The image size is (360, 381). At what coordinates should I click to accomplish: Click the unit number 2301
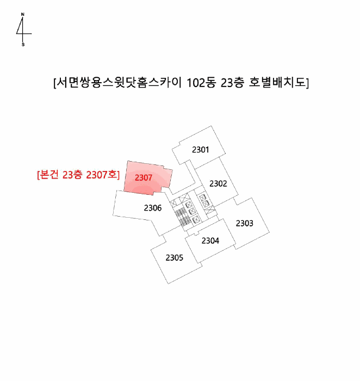point(200,150)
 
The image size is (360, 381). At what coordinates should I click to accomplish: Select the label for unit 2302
point(218,183)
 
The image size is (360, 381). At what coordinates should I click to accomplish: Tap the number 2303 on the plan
point(245,223)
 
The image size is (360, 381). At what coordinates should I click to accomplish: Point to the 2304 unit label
point(210,241)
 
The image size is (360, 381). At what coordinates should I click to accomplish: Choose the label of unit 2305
point(175,257)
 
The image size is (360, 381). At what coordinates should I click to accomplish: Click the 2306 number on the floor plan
point(152,208)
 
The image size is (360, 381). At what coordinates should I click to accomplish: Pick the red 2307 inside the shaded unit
point(143,177)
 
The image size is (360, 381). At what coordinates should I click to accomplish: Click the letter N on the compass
point(23,15)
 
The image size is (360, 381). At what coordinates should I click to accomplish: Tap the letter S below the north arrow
point(23,45)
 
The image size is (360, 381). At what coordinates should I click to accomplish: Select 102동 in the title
point(201,83)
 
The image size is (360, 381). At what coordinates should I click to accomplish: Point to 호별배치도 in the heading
point(277,83)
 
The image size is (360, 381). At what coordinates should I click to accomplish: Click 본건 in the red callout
point(48,175)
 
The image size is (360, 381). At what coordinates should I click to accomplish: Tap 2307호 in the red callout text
point(102,175)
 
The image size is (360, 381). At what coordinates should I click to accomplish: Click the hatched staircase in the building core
point(183,217)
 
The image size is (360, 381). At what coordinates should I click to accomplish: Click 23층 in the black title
point(233,83)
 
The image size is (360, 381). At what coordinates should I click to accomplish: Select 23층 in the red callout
point(72,175)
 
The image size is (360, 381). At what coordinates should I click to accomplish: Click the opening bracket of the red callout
point(38,175)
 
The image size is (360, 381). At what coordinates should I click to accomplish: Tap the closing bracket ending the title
point(307,83)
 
